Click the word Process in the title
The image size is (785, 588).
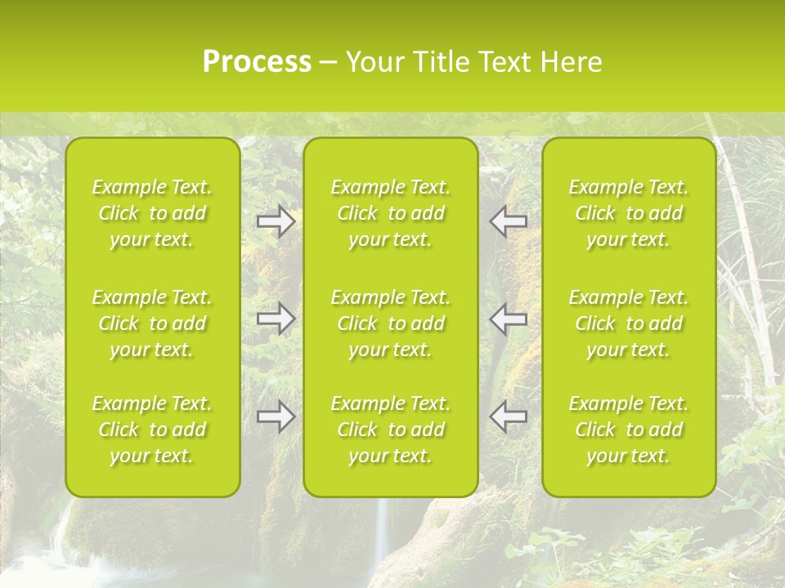[x=257, y=62]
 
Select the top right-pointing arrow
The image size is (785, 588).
[x=276, y=221]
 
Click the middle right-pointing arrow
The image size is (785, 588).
[x=276, y=318]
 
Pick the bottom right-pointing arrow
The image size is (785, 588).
[x=276, y=416]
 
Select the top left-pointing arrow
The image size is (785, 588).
[x=509, y=221]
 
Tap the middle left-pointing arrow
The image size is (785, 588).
[x=509, y=318]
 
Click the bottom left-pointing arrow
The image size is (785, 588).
[x=509, y=416]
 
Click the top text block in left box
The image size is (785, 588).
[x=152, y=213]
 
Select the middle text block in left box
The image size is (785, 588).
[x=152, y=323]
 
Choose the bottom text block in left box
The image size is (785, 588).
[x=152, y=430]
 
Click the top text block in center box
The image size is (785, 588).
[x=391, y=213]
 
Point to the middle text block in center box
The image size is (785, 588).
[x=391, y=323]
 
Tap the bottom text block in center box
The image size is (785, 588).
[x=391, y=430]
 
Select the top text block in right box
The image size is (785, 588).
[x=629, y=213]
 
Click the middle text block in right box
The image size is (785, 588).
[x=629, y=323]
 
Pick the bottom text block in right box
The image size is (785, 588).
[x=629, y=430]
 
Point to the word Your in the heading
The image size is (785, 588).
[x=375, y=62]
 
